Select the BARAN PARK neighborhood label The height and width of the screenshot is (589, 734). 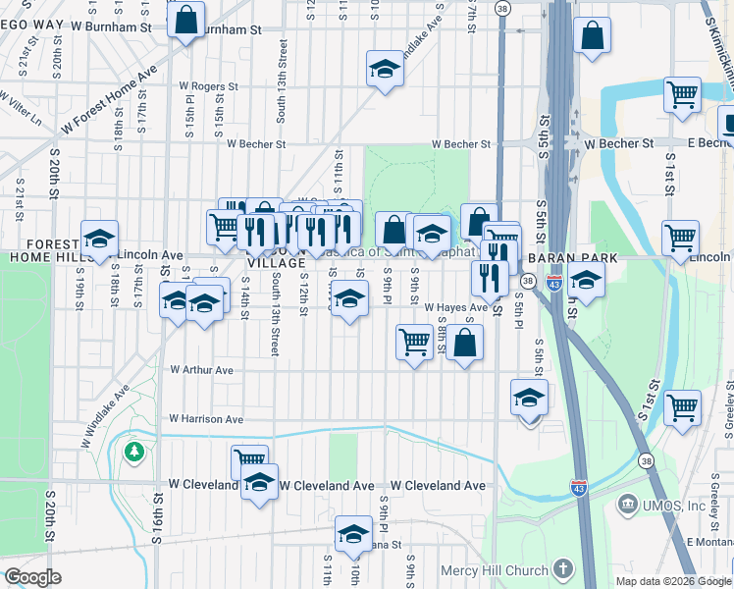point(570,257)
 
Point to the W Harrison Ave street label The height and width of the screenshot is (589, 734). point(206,419)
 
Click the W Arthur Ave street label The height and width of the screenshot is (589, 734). point(201,370)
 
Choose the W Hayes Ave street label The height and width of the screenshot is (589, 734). point(455,307)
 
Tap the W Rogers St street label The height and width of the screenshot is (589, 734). point(208,86)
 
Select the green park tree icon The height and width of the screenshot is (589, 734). point(133,452)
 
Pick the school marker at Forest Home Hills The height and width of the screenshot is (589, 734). point(99,239)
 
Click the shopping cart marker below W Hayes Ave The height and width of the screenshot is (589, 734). point(414,343)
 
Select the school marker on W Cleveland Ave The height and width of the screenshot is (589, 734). point(259,483)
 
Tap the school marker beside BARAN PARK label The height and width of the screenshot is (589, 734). point(586,280)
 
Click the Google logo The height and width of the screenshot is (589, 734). point(33,577)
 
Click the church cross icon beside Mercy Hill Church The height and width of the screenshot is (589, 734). point(562,569)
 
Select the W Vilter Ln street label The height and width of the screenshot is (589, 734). point(22,113)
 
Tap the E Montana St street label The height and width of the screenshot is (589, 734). point(708,543)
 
